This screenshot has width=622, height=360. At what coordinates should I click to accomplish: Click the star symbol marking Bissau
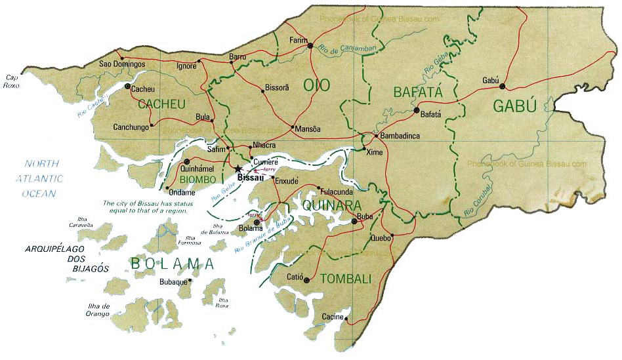(x=238, y=169)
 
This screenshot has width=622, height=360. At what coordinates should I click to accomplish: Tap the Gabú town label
(x=491, y=79)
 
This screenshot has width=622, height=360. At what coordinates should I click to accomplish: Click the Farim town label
(x=299, y=41)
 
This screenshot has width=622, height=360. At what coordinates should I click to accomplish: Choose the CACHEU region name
(x=161, y=104)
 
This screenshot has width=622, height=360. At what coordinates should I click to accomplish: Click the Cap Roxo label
(x=12, y=81)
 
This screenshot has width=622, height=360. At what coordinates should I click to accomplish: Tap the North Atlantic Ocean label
(x=41, y=178)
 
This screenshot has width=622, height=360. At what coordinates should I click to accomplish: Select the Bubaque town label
(x=173, y=283)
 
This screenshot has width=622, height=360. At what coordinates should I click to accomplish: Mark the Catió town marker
(x=306, y=280)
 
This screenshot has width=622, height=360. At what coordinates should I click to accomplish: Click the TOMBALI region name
(x=345, y=279)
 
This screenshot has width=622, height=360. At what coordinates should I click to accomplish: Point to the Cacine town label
(x=332, y=317)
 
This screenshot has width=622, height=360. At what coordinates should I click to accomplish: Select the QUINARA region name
(x=331, y=206)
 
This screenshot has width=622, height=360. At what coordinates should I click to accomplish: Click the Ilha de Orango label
(x=96, y=310)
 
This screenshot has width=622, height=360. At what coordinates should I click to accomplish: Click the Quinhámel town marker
(x=187, y=161)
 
